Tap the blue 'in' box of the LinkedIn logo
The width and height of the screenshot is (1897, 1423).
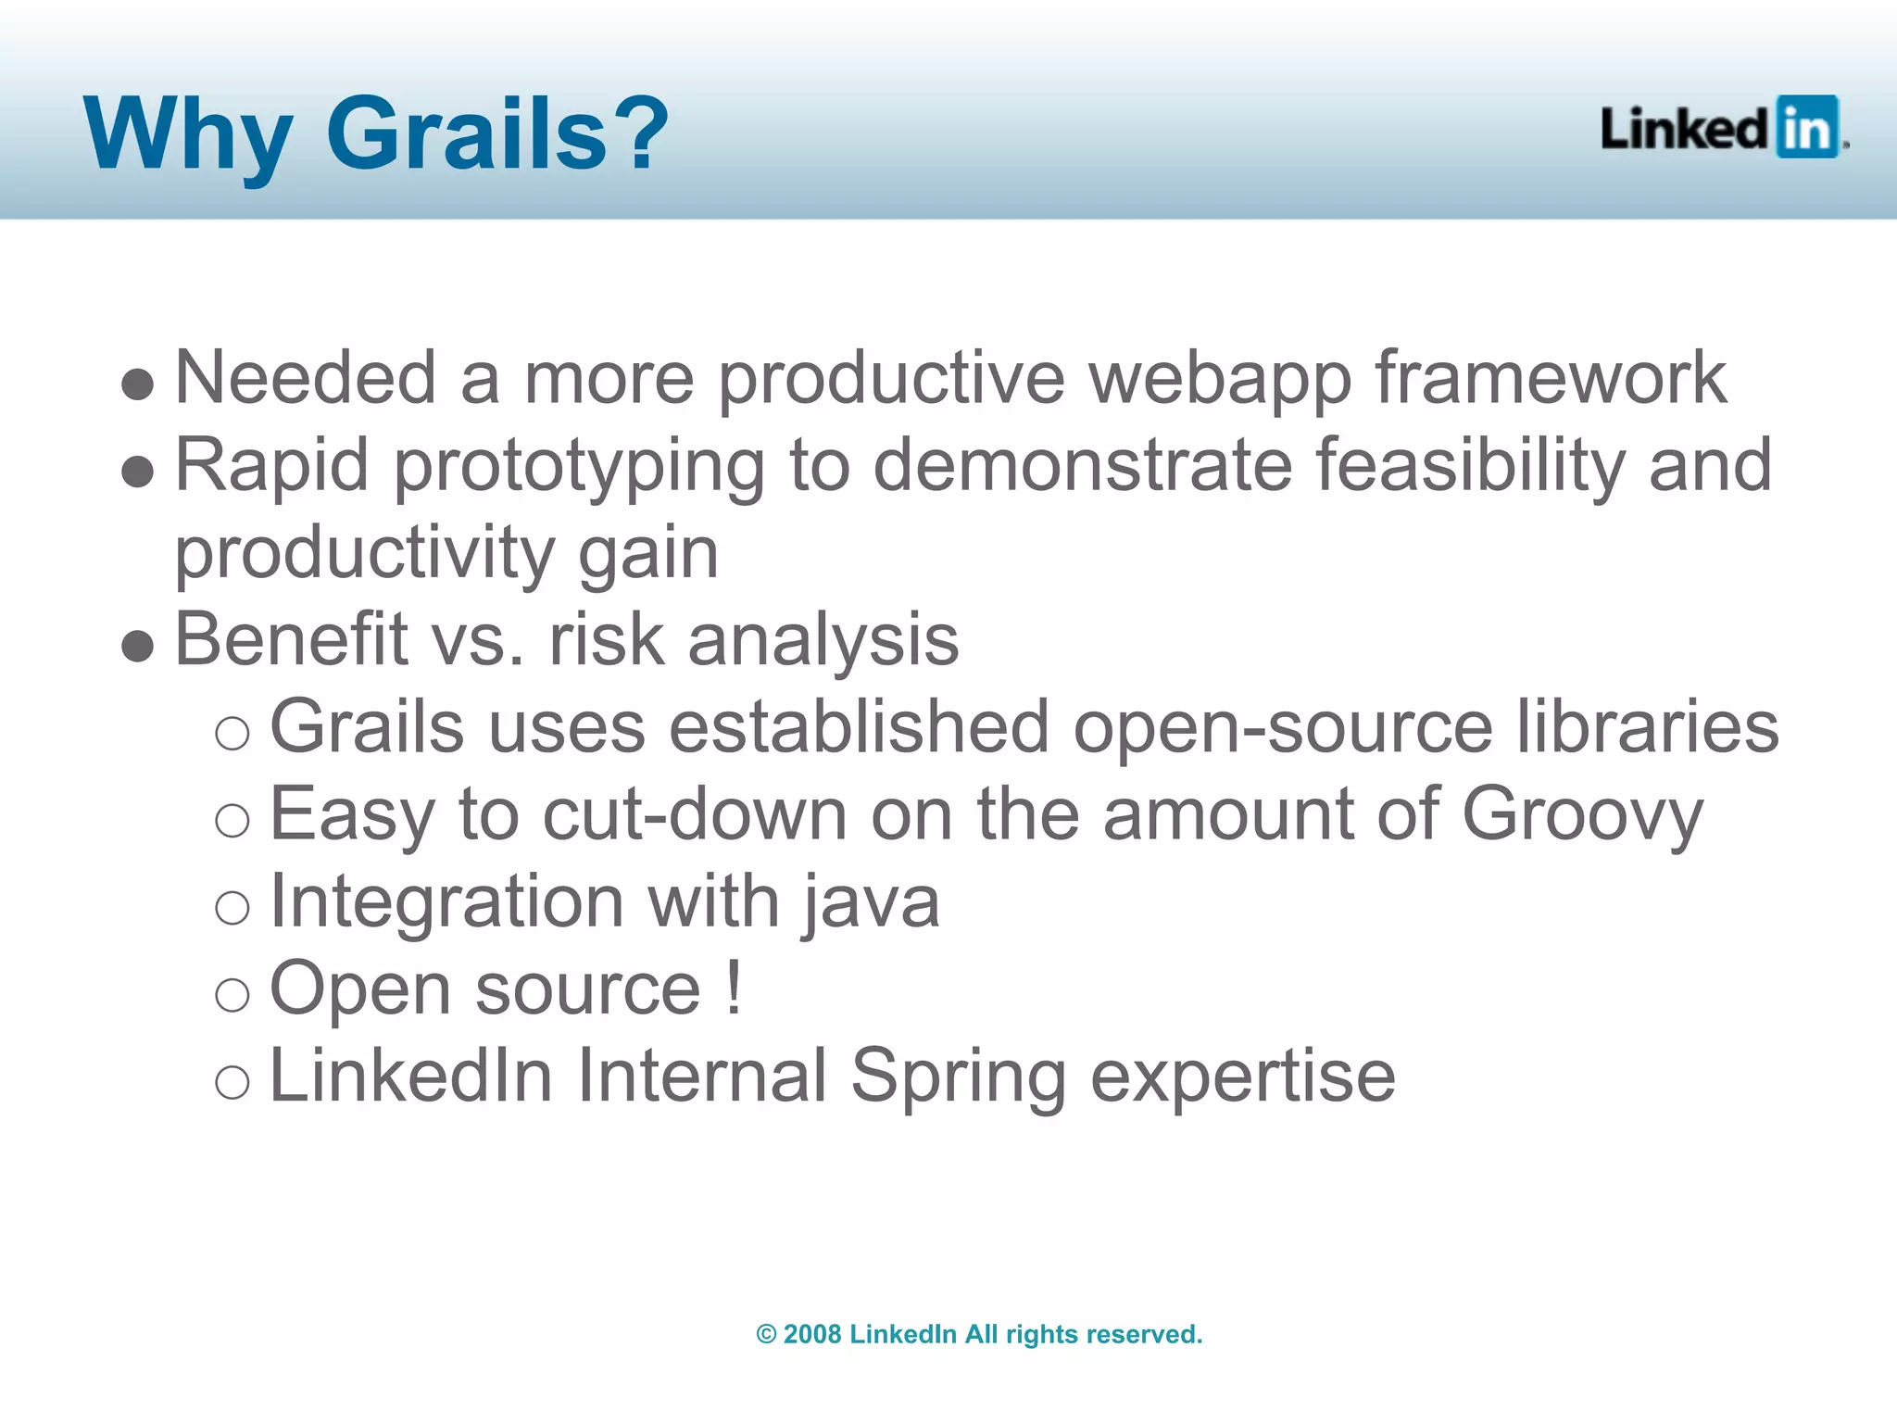(1806, 128)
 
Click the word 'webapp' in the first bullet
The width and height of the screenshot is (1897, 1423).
(1219, 379)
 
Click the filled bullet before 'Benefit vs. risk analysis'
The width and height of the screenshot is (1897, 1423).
(137, 646)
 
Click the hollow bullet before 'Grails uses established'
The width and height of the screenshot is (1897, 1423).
(232, 734)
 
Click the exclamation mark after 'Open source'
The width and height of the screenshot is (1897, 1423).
(734, 988)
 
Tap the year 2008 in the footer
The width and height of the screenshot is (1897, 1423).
(811, 1334)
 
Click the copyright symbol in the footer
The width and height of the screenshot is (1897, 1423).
(766, 1334)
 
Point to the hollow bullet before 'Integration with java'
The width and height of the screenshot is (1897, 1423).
(232, 907)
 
